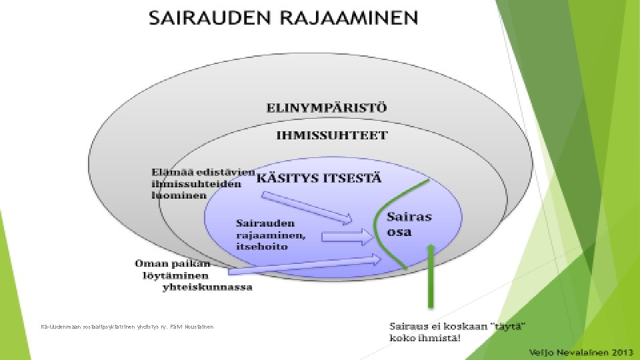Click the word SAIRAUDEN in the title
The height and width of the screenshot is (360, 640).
(x=199, y=17)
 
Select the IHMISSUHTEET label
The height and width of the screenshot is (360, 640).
(x=332, y=135)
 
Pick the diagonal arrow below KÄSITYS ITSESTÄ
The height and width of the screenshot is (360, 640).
(x=307, y=207)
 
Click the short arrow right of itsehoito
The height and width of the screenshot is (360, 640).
(x=347, y=236)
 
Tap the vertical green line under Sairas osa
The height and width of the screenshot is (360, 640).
(x=431, y=277)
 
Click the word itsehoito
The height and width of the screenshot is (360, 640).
(x=263, y=247)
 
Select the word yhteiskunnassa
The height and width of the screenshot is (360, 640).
(x=207, y=287)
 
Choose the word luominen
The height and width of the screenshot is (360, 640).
(x=178, y=196)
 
